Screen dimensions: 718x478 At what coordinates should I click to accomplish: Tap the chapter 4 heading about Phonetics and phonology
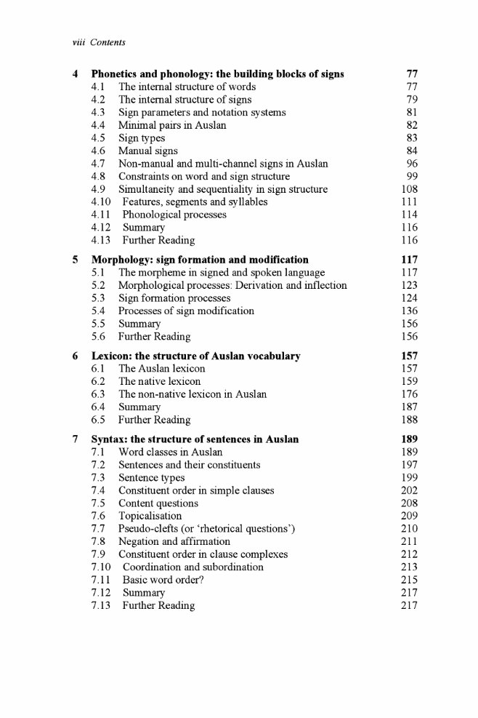pyautogui.click(x=217, y=73)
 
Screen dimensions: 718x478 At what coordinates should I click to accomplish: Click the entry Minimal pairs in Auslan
pyautogui.click(x=172, y=125)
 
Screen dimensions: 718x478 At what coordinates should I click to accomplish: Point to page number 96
pyautogui.click(x=412, y=164)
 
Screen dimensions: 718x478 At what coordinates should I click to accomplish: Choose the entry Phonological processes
pyautogui.click(x=174, y=215)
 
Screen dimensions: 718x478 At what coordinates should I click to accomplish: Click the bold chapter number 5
pyautogui.click(x=76, y=259)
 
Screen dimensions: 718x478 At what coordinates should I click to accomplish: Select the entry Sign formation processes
pyautogui.click(x=174, y=298)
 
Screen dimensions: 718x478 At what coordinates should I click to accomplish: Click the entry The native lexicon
pyautogui.click(x=159, y=381)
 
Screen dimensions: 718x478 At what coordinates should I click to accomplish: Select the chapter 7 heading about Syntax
pyautogui.click(x=195, y=439)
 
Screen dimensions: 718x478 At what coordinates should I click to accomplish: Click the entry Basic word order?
pyautogui.click(x=169, y=580)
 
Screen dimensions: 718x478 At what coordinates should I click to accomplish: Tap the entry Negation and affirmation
pyautogui.click(x=174, y=541)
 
